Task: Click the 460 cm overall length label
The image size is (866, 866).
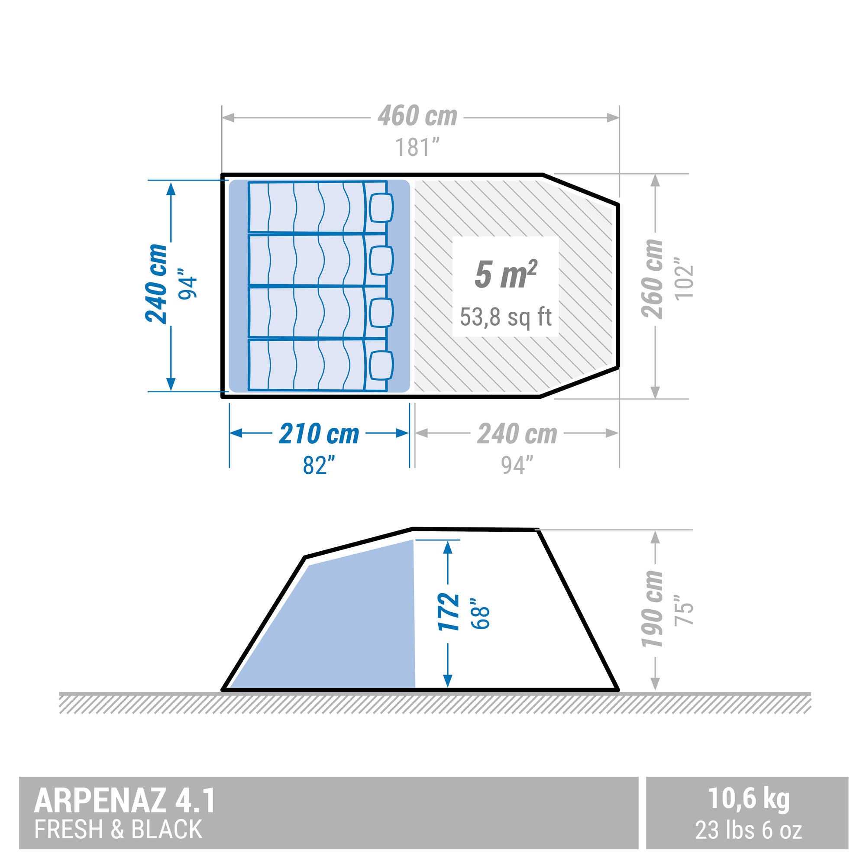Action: pyautogui.click(x=417, y=116)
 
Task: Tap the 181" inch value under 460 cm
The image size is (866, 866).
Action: pyautogui.click(x=417, y=147)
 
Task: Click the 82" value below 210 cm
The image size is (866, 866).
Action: pyautogui.click(x=319, y=466)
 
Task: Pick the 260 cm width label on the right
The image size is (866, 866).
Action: pyautogui.click(x=652, y=279)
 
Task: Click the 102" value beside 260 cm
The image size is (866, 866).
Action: pyautogui.click(x=684, y=279)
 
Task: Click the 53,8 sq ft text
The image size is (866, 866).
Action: pyautogui.click(x=505, y=317)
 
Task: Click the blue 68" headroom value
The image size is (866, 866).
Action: pyautogui.click(x=479, y=613)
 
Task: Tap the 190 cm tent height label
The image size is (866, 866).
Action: pyautogui.click(x=652, y=609)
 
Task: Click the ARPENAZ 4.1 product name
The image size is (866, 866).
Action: pyautogui.click(x=125, y=801)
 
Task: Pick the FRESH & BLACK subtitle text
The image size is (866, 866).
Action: pyautogui.click(x=118, y=829)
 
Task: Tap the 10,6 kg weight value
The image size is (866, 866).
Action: pyautogui.click(x=748, y=799)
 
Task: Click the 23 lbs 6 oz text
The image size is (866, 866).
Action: pyautogui.click(x=748, y=830)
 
